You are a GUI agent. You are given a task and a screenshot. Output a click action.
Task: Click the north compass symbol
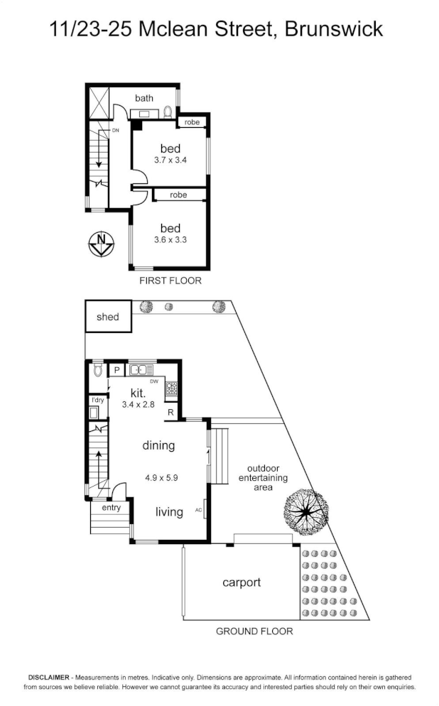[x=101, y=244]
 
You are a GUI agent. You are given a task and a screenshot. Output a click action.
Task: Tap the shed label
[x=107, y=317]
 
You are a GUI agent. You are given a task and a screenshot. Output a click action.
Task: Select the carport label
[x=242, y=582]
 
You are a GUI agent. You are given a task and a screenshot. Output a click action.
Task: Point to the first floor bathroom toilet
[x=168, y=112]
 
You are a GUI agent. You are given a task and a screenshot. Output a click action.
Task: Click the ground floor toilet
[x=97, y=370]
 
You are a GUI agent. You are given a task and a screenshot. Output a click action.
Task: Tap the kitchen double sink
[x=141, y=370]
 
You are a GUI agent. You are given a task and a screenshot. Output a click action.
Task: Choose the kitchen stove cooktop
[x=171, y=389]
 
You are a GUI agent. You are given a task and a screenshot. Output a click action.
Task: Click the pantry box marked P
[x=116, y=370]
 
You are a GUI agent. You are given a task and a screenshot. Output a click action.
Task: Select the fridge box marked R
[x=170, y=412]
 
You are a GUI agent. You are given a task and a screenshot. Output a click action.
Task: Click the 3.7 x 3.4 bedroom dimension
[x=170, y=160]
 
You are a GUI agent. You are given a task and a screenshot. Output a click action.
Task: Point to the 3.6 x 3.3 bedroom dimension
[x=170, y=240]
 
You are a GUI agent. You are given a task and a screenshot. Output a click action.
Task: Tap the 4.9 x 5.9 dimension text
[x=161, y=478]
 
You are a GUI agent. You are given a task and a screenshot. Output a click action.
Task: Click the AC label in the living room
[x=199, y=510]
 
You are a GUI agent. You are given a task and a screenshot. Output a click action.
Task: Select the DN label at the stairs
[x=116, y=131]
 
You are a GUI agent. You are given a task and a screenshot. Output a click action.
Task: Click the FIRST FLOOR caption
[x=170, y=281]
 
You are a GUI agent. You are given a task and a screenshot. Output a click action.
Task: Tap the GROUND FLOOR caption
[x=254, y=631]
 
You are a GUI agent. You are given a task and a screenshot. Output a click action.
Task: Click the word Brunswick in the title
[x=334, y=30]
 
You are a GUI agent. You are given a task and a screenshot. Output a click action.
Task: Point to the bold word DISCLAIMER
[x=48, y=677]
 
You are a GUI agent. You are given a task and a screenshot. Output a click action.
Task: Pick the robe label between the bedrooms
[x=178, y=195]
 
